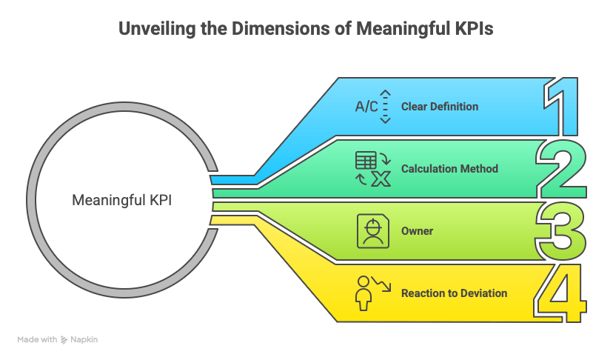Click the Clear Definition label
click(x=439, y=107)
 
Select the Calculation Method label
click(x=449, y=169)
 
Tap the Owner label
click(x=417, y=231)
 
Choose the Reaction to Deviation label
click(x=454, y=293)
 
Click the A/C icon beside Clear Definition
click(x=366, y=107)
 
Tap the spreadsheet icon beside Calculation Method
click(x=365, y=161)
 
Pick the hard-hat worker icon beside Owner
click(x=372, y=231)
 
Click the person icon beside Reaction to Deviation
click(x=364, y=293)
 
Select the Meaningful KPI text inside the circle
click(x=121, y=200)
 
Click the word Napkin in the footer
click(x=84, y=339)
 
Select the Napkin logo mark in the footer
click(x=64, y=339)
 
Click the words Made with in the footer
click(x=37, y=339)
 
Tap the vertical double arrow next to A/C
click(x=385, y=107)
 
